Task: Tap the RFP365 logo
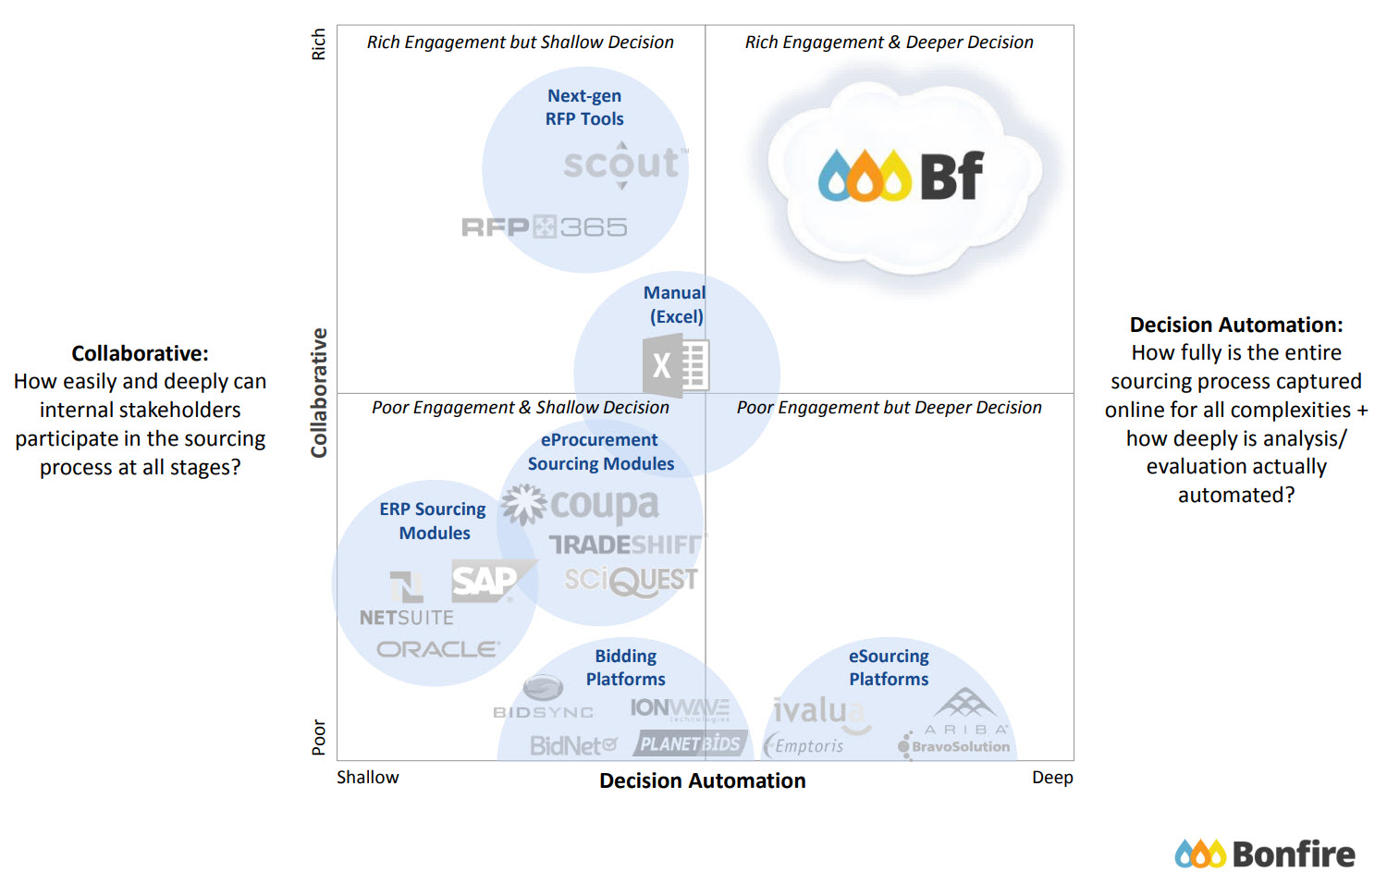[x=545, y=227]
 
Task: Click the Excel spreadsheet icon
[x=676, y=365]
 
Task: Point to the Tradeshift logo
[x=627, y=545]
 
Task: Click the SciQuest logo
[x=632, y=581]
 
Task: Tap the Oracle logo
[x=438, y=649]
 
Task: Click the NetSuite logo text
[x=407, y=617]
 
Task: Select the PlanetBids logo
[x=690, y=743]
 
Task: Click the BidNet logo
[x=573, y=745]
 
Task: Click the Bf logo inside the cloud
[x=902, y=176]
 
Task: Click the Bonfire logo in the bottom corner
[x=1264, y=854]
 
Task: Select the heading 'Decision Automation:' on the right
[x=1235, y=325]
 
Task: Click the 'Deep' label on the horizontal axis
[x=1052, y=777]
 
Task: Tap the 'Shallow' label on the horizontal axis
[x=367, y=777]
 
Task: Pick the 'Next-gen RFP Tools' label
[x=584, y=107]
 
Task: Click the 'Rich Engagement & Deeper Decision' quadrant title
[x=889, y=43]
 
